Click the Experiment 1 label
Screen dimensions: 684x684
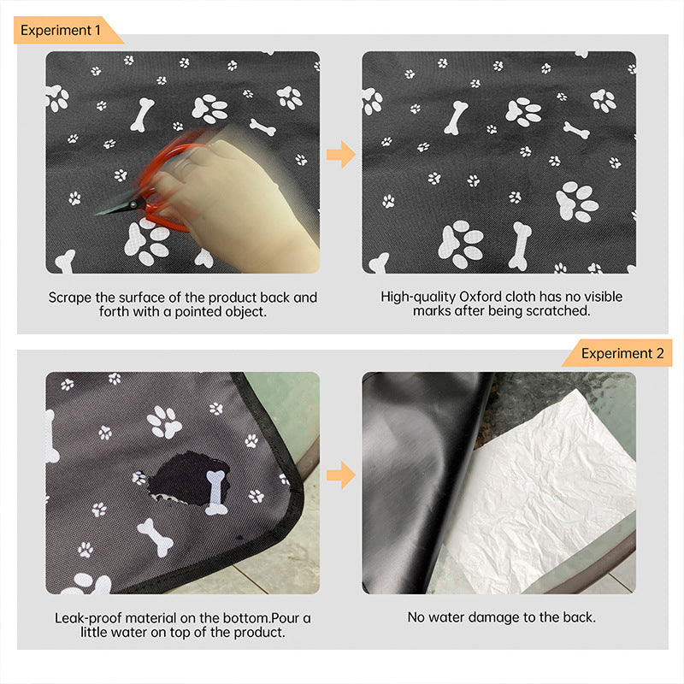(62, 31)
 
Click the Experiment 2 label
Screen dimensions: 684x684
(622, 353)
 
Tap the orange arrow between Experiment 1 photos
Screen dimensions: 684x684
(340, 155)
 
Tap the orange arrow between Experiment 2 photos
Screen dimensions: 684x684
(340, 475)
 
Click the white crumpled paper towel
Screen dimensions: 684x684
(547, 496)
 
